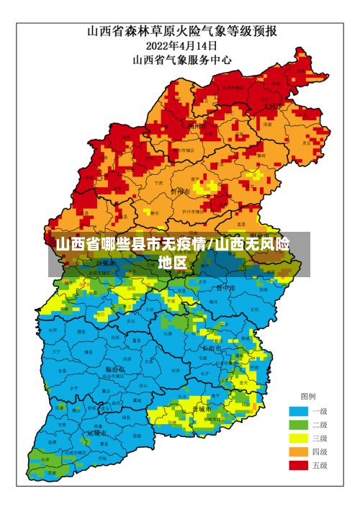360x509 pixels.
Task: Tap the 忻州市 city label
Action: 180,192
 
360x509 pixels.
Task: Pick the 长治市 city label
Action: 211,348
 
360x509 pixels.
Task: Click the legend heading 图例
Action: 307,397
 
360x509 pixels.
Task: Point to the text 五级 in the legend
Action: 320,466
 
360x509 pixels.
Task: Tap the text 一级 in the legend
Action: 320,411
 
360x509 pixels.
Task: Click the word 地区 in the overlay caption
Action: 173,262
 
